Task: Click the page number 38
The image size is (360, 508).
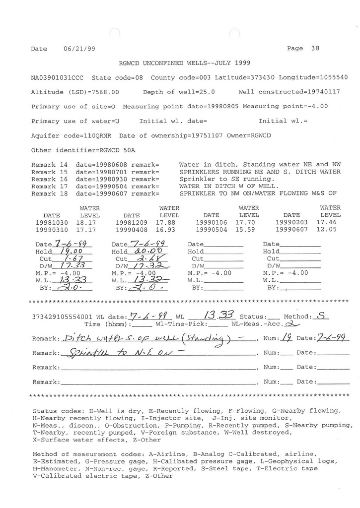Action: pyautogui.click(x=315, y=49)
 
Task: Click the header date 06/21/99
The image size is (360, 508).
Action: pyautogui.click(x=79, y=49)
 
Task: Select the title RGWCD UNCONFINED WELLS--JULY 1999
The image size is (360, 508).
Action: pyautogui.click(x=185, y=63)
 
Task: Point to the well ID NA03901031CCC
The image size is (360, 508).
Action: pyautogui.click(x=57, y=78)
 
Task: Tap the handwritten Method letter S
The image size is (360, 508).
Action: pyautogui.click(x=323, y=316)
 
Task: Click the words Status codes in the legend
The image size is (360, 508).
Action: pyautogui.click(x=52, y=411)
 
